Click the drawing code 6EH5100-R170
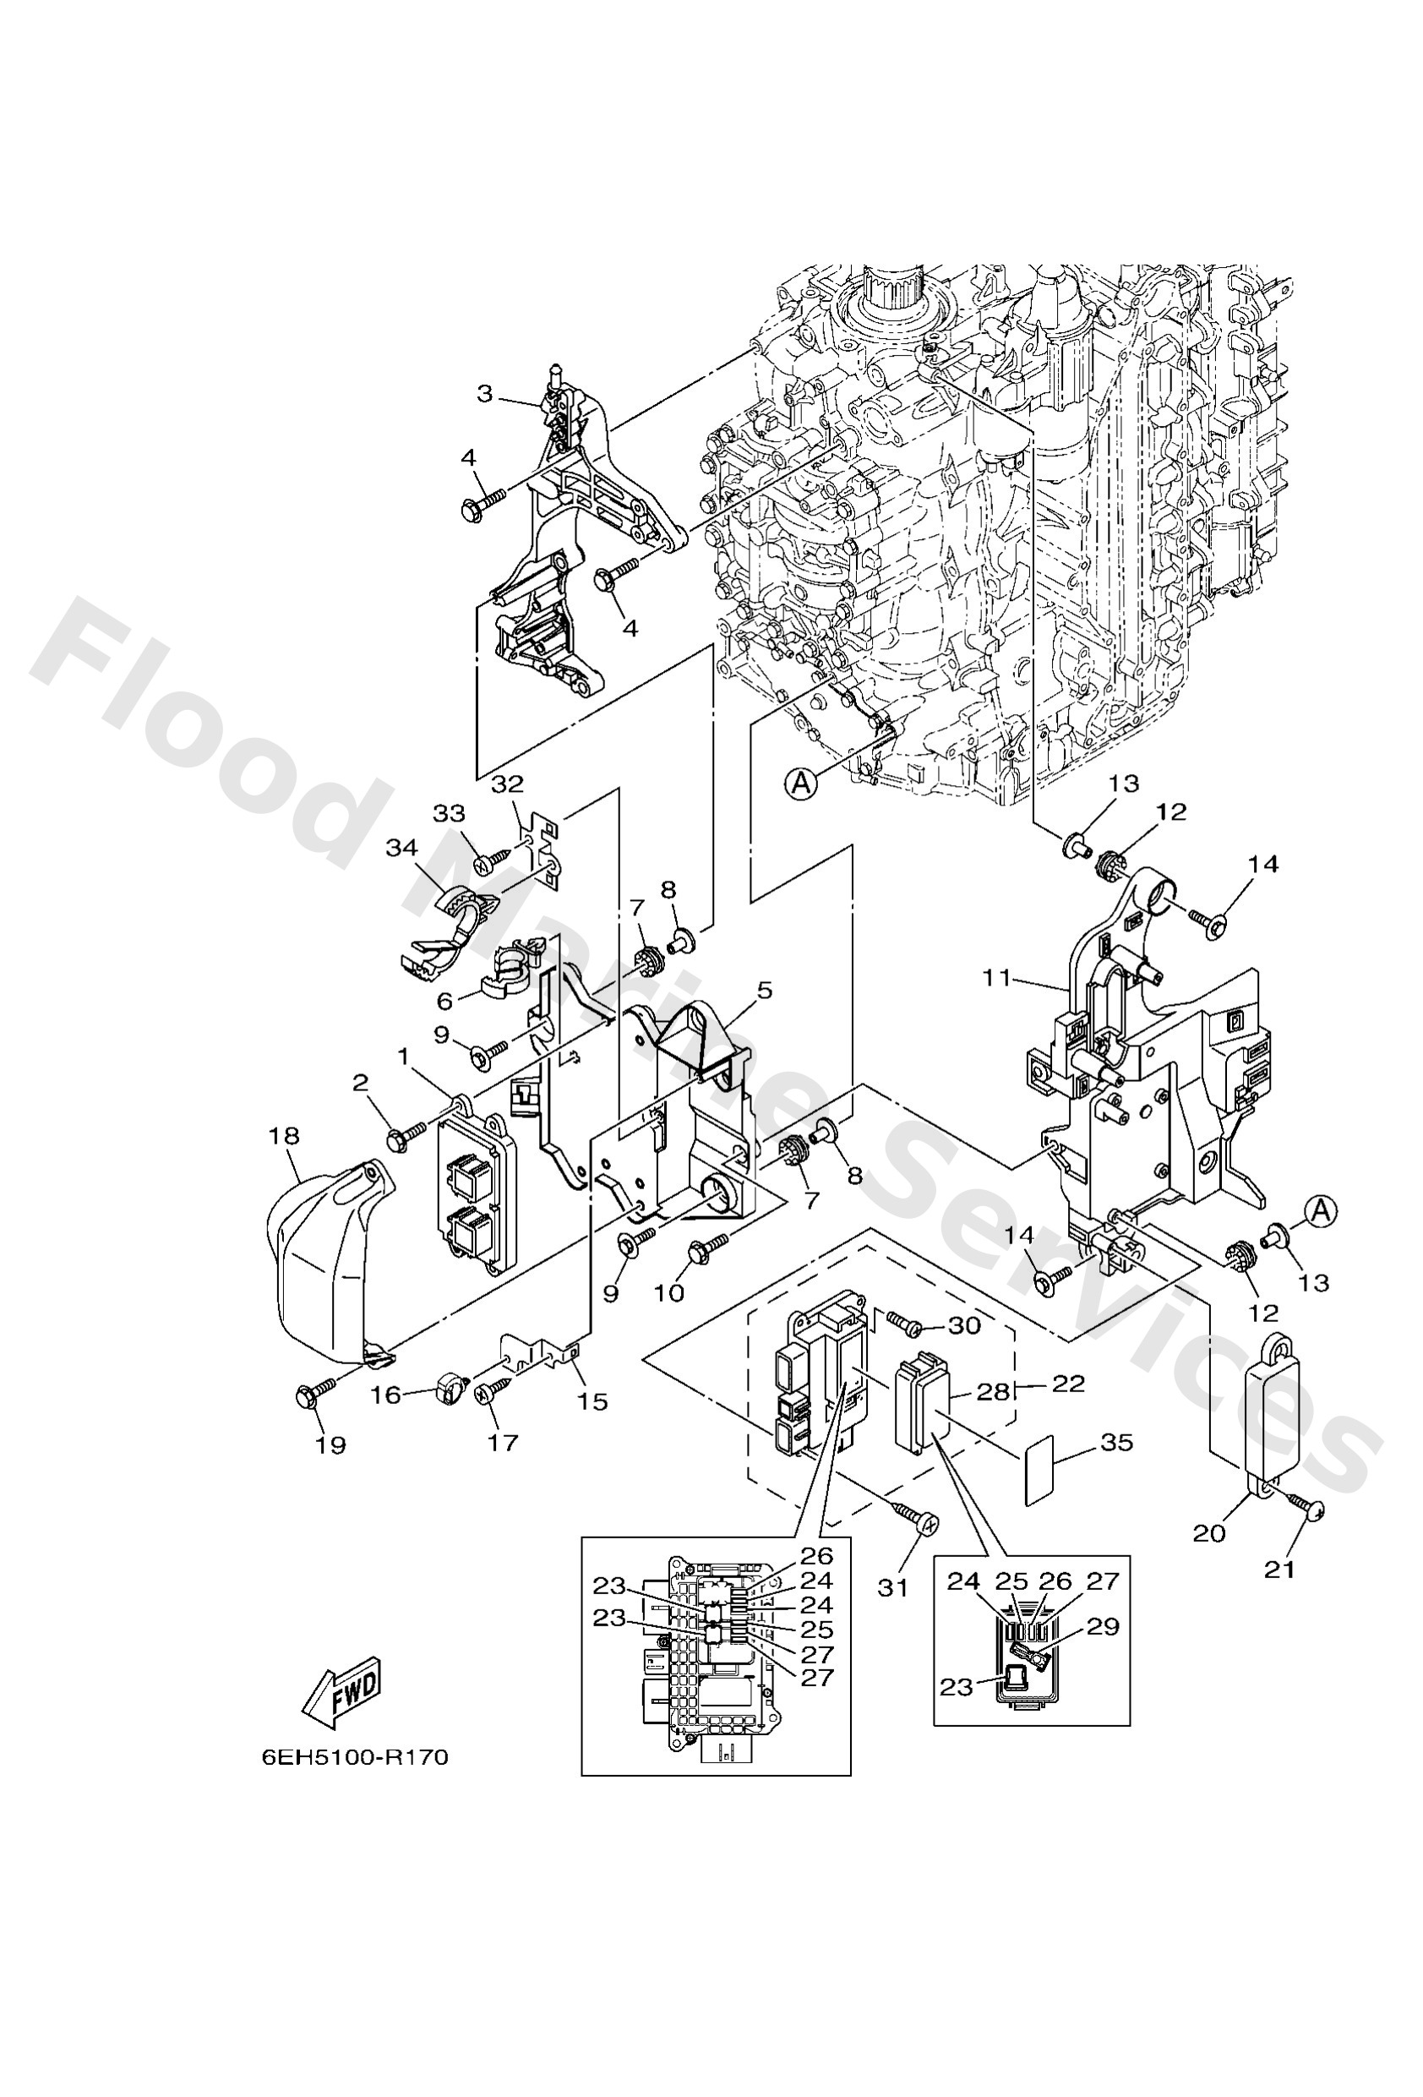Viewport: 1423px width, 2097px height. click(x=355, y=1784)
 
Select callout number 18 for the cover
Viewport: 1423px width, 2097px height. click(x=284, y=1135)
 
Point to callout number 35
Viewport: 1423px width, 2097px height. click(x=1116, y=1442)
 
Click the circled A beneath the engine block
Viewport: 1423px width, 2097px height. click(x=800, y=784)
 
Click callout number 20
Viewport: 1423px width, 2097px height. click(x=1209, y=1532)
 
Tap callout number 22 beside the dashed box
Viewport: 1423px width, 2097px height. click(x=1067, y=1384)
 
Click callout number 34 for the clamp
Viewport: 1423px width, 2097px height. click(x=402, y=849)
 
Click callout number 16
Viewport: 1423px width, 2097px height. click(x=385, y=1395)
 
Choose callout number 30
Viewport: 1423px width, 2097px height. click(x=962, y=1325)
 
